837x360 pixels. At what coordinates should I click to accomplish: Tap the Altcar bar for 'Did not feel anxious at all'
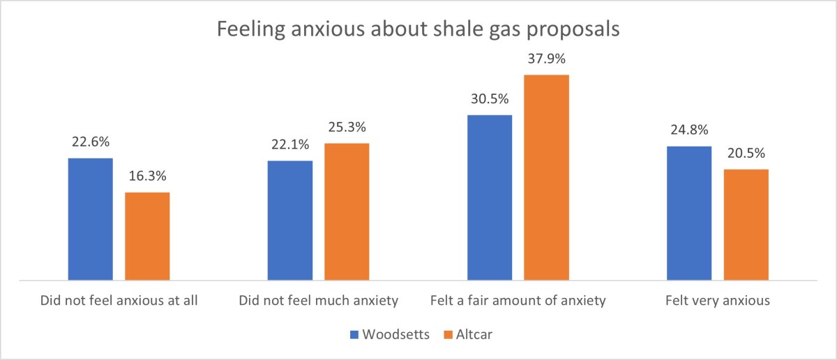(x=147, y=236)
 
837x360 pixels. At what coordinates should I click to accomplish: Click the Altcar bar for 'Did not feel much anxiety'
(x=347, y=211)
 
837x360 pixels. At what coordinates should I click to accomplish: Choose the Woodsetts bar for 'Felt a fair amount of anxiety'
(x=490, y=197)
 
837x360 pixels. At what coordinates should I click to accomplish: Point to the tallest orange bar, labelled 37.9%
(x=547, y=177)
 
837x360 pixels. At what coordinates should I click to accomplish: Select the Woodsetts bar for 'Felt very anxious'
(x=689, y=213)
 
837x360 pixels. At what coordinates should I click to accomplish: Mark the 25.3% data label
(x=347, y=129)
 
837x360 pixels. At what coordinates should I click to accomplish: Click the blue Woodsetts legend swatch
(x=354, y=335)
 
